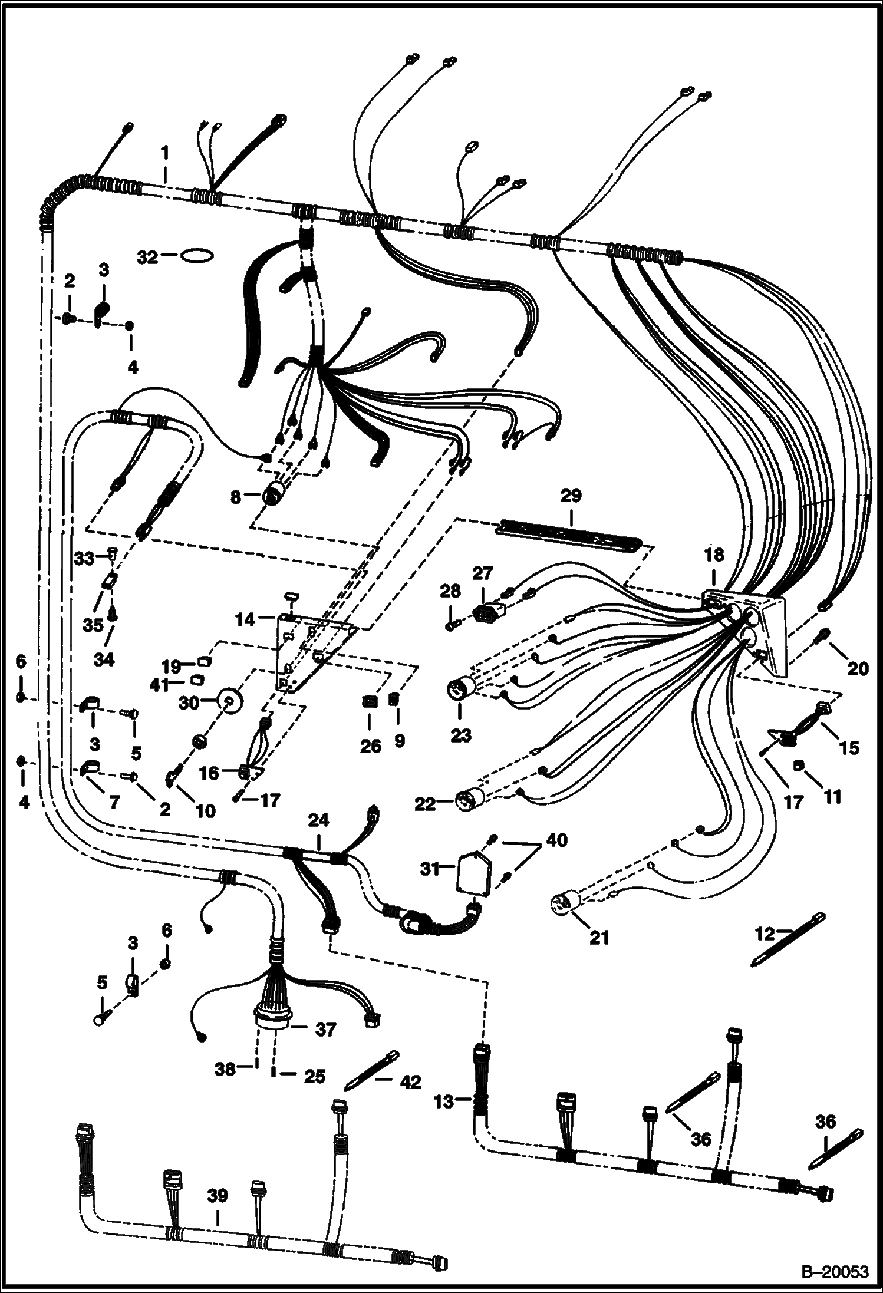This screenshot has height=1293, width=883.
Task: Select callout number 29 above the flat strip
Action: click(571, 496)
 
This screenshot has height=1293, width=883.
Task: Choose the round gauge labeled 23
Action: click(460, 690)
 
